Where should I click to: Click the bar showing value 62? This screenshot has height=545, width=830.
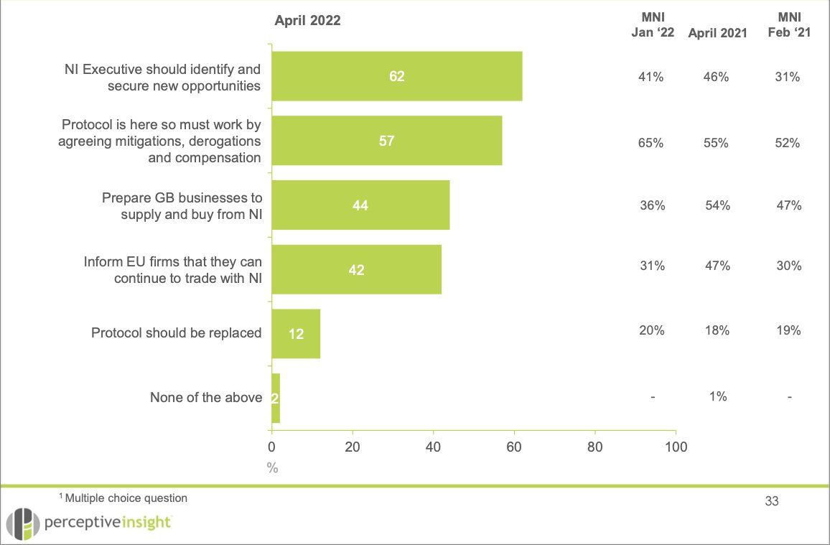pyautogui.click(x=396, y=76)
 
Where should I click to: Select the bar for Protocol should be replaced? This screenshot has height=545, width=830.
pyautogui.click(x=295, y=333)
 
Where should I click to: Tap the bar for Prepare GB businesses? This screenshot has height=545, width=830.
pyautogui.click(x=360, y=205)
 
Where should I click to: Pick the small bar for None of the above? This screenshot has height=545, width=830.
pyautogui.click(x=276, y=398)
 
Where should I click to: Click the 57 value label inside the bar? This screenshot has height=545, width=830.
pyautogui.click(x=386, y=141)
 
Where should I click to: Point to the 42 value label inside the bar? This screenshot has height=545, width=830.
pyautogui.click(x=356, y=270)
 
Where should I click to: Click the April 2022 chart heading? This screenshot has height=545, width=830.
pyautogui.click(x=307, y=21)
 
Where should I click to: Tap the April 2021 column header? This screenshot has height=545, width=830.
pyautogui.click(x=717, y=32)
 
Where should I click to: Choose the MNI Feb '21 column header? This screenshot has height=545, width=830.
pyautogui.click(x=788, y=25)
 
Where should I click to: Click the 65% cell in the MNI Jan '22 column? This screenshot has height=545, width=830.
pyautogui.click(x=652, y=143)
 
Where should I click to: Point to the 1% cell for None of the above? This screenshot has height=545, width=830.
pyautogui.click(x=717, y=396)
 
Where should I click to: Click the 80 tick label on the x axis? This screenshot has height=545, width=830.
pyautogui.click(x=594, y=446)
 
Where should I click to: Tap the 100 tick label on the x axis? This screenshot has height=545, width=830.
pyautogui.click(x=676, y=446)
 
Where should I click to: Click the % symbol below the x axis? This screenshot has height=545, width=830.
pyautogui.click(x=272, y=467)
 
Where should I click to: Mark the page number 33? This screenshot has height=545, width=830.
pyautogui.click(x=772, y=501)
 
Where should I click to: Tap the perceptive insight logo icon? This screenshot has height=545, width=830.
pyautogui.click(x=20, y=523)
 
